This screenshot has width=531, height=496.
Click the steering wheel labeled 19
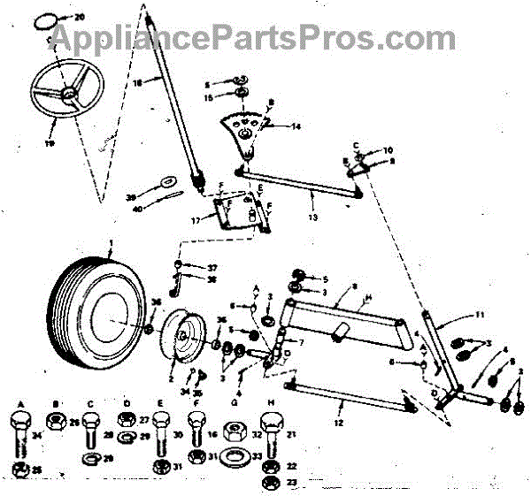pos(65,93)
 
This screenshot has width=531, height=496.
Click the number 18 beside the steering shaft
pos(137,84)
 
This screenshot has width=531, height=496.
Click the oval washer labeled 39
pos(165,182)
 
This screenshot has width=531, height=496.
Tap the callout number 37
pos(212,267)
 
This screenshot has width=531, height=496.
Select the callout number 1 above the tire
pos(112,241)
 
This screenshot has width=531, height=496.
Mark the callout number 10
pos(388,150)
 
